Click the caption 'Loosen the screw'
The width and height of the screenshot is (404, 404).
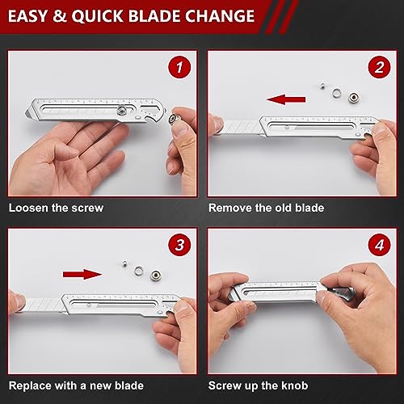[x=57, y=208]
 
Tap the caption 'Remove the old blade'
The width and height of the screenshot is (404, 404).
[x=266, y=208]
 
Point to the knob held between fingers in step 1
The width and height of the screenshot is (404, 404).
[x=177, y=120]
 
